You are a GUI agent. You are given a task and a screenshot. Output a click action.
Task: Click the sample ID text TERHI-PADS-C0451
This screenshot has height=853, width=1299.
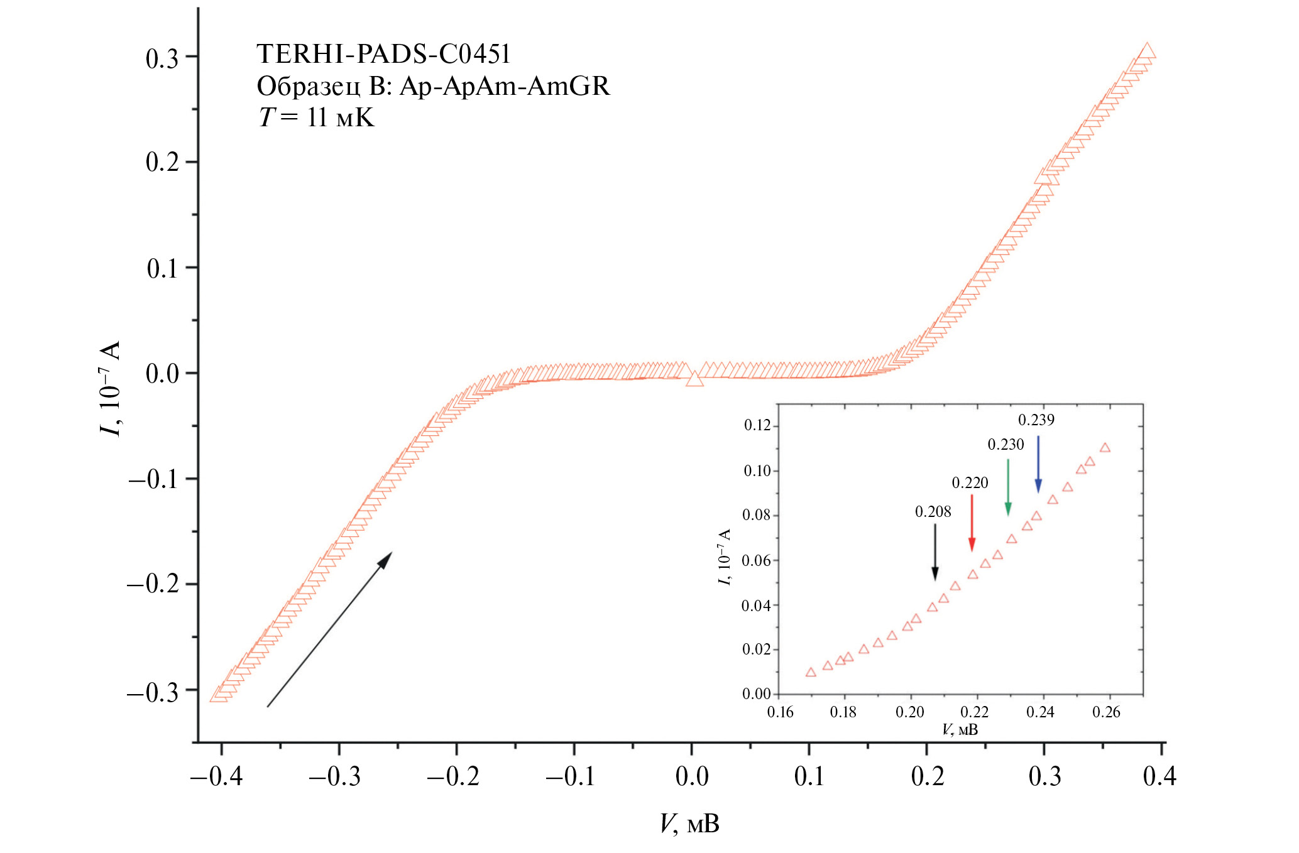[x=383, y=55]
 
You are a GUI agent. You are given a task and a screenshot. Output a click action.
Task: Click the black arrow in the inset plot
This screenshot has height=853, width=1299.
[x=935, y=551]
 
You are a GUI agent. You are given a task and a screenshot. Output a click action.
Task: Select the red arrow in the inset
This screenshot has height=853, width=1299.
[x=972, y=523]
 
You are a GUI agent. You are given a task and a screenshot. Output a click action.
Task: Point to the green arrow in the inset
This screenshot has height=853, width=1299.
[x=1008, y=487]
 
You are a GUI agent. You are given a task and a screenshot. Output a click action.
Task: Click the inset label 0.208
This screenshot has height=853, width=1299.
[x=933, y=512]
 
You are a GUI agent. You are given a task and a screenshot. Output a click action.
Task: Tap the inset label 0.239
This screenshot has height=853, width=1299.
[x=1036, y=420]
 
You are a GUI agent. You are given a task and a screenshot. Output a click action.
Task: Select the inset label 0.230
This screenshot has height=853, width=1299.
[x=1006, y=445]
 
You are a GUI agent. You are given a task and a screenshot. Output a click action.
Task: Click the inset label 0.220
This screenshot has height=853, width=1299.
[x=970, y=482]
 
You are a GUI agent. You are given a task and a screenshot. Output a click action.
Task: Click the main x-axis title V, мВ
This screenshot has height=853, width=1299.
[x=689, y=823]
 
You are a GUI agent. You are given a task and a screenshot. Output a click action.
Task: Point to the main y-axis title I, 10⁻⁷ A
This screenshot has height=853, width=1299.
[x=109, y=389]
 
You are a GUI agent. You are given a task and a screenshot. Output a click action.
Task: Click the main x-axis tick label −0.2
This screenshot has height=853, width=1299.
[x=453, y=777]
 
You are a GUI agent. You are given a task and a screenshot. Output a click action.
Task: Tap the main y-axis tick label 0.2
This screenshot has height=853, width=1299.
[x=162, y=162]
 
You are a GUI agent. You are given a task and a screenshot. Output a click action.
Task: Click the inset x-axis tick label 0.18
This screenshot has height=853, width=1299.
[x=843, y=712]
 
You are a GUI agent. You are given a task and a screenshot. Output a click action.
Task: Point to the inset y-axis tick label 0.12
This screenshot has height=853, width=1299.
[x=757, y=425]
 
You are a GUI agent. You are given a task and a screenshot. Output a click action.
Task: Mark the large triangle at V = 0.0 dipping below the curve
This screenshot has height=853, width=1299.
[x=694, y=379]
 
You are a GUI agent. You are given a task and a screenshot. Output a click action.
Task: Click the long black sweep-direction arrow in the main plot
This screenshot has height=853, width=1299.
[x=329, y=629]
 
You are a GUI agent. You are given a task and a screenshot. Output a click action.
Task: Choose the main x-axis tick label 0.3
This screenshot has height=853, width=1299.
[x=1044, y=777]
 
